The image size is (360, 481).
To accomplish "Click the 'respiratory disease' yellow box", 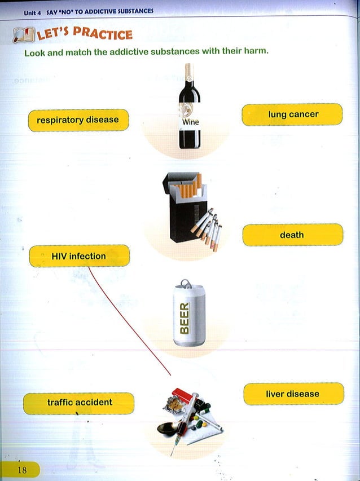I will (x=78, y=120).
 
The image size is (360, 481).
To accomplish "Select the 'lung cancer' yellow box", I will (x=292, y=114).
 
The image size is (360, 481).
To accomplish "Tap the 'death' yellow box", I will (x=292, y=235).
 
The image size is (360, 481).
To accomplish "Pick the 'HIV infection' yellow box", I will (x=79, y=256).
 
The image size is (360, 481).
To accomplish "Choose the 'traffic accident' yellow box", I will (x=79, y=403).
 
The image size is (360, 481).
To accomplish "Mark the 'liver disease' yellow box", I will (x=293, y=394).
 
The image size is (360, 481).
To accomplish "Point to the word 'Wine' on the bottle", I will (x=190, y=122).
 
